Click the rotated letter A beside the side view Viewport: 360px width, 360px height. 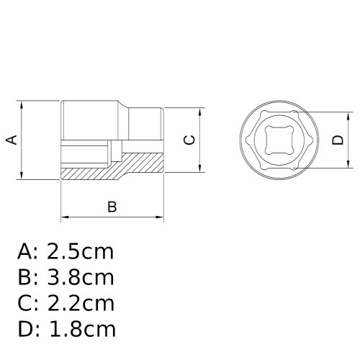[12, 140]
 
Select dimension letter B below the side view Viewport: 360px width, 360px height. [112, 207]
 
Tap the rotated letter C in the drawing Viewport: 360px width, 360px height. [189, 140]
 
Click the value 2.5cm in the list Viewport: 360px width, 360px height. [81, 252]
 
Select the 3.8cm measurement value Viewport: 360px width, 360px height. [81, 278]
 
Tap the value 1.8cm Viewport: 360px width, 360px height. [81, 330]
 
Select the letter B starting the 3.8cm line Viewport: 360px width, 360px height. [25, 278]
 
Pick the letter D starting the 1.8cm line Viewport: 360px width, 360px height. [26, 330]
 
